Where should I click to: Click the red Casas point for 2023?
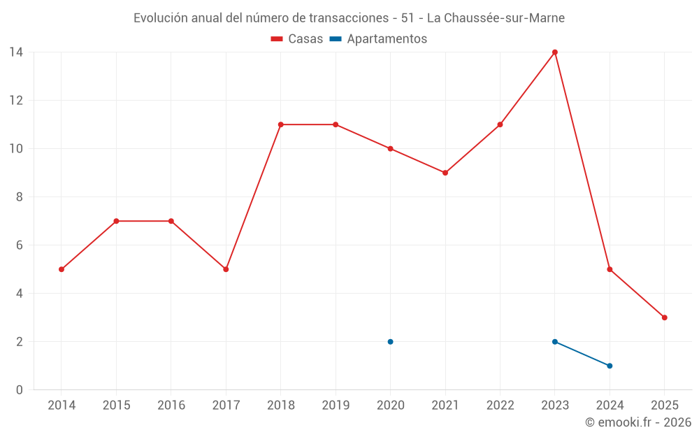tap(555, 52)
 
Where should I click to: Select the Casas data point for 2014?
tap(62, 269)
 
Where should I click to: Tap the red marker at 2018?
tap(280, 124)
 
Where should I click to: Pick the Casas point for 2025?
tap(664, 317)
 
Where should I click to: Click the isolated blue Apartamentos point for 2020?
tap(390, 342)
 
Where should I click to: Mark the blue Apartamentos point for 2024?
tap(610, 366)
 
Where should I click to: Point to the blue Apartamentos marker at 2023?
tap(555, 342)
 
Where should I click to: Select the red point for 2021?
tap(445, 173)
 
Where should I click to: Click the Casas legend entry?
tap(297, 39)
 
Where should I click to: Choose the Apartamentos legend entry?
tap(378, 39)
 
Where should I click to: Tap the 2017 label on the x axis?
tap(226, 406)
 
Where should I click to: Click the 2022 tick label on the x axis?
tap(500, 406)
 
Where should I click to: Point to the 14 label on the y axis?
tap(15, 52)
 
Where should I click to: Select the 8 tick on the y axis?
tap(19, 197)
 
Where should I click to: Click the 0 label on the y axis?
tap(19, 390)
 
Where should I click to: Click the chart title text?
tap(349, 18)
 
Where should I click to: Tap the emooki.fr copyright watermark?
tap(637, 422)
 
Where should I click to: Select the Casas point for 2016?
tap(171, 221)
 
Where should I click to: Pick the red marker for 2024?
tap(610, 269)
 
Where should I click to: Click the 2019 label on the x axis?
tap(336, 406)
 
